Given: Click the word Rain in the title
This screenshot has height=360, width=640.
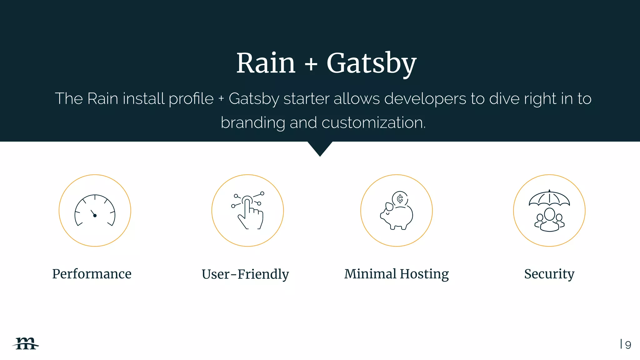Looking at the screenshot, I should click(x=266, y=63).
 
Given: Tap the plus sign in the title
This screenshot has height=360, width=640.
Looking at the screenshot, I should click(x=311, y=65).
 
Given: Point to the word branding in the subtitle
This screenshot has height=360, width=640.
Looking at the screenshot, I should click(x=252, y=122).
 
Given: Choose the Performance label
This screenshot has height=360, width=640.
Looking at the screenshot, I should click(x=92, y=274).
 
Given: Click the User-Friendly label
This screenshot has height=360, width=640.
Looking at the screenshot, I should click(x=245, y=274).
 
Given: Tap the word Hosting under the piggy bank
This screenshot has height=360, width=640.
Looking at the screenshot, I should click(x=424, y=274).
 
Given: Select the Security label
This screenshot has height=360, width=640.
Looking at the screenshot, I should click(x=549, y=274).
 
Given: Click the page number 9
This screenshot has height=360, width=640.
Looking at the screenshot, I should click(x=628, y=345).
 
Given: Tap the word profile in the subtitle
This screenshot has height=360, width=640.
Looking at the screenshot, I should click(x=191, y=99).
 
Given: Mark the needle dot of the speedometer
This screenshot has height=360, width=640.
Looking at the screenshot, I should click(x=95, y=216).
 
